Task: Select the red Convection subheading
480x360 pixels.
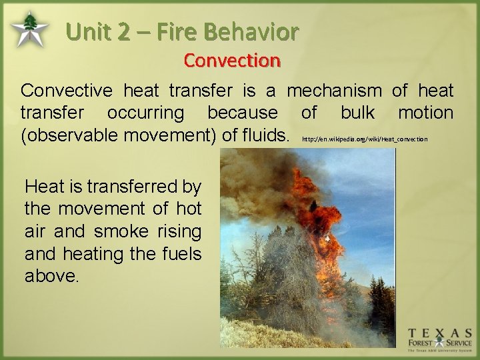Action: [x=232, y=60]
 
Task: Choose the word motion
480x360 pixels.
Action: [x=425, y=112]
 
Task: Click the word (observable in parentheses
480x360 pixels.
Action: [x=68, y=135]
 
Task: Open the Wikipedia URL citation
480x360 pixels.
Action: [x=365, y=139]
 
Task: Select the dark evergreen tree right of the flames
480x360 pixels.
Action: [x=379, y=293]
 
